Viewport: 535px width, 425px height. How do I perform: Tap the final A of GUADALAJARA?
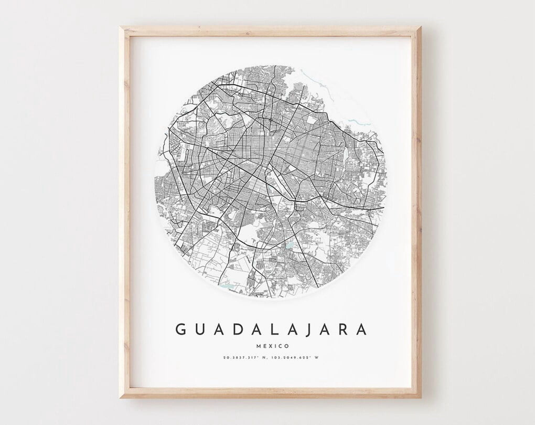(x=362, y=330)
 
